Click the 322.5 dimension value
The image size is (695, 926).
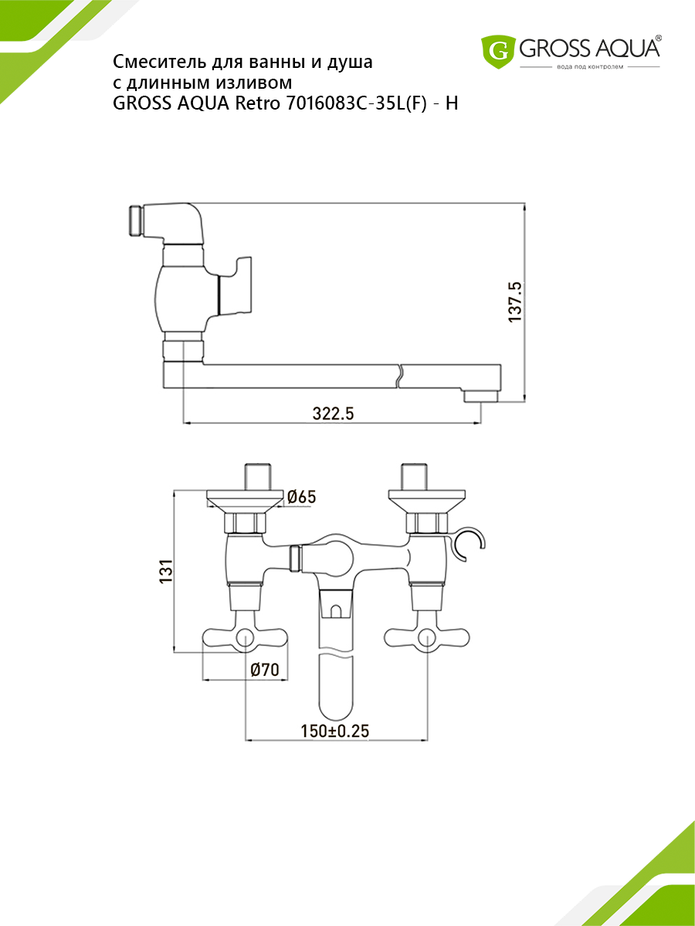tap(333, 414)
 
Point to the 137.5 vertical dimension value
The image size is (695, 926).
tap(515, 302)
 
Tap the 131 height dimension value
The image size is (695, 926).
tap(166, 571)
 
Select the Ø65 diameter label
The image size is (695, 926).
tap(301, 497)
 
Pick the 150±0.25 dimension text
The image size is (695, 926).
tap(334, 731)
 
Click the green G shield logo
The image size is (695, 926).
tap(498, 52)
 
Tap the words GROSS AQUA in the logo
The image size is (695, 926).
tap(589, 48)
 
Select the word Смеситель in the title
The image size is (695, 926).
tap(160, 62)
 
